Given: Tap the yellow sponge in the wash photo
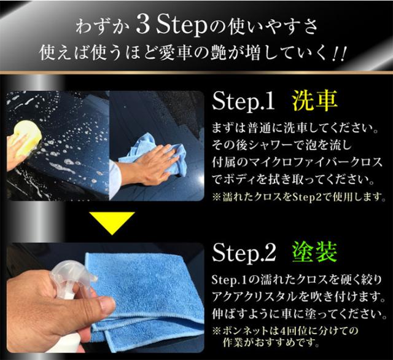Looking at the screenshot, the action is pyautogui.click(x=27, y=135).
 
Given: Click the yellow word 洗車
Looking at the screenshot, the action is pyautogui.click(x=314, y=101).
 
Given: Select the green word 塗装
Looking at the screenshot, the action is pyautogui.click(x=314, y=252).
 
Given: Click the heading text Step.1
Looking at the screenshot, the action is pyautogui.click(x=243, y=101).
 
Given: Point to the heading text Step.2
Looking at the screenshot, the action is pyautogui.click(x=244, y=252).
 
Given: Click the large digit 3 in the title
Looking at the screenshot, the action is pyautogui.click(x=143, y=26).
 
